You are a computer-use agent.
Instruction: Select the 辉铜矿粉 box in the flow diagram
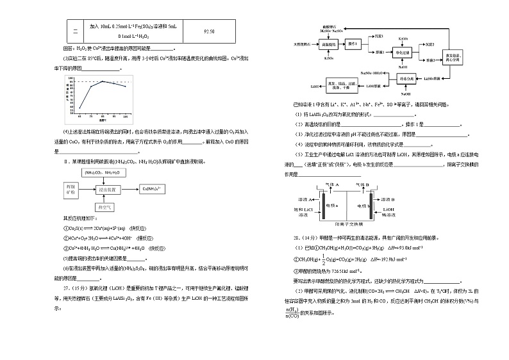point(70,190)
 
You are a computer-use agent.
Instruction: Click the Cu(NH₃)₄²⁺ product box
point(154,188)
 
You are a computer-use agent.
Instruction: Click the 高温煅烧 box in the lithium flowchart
point(328,45)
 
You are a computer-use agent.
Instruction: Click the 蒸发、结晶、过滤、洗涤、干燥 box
point(337,85)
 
